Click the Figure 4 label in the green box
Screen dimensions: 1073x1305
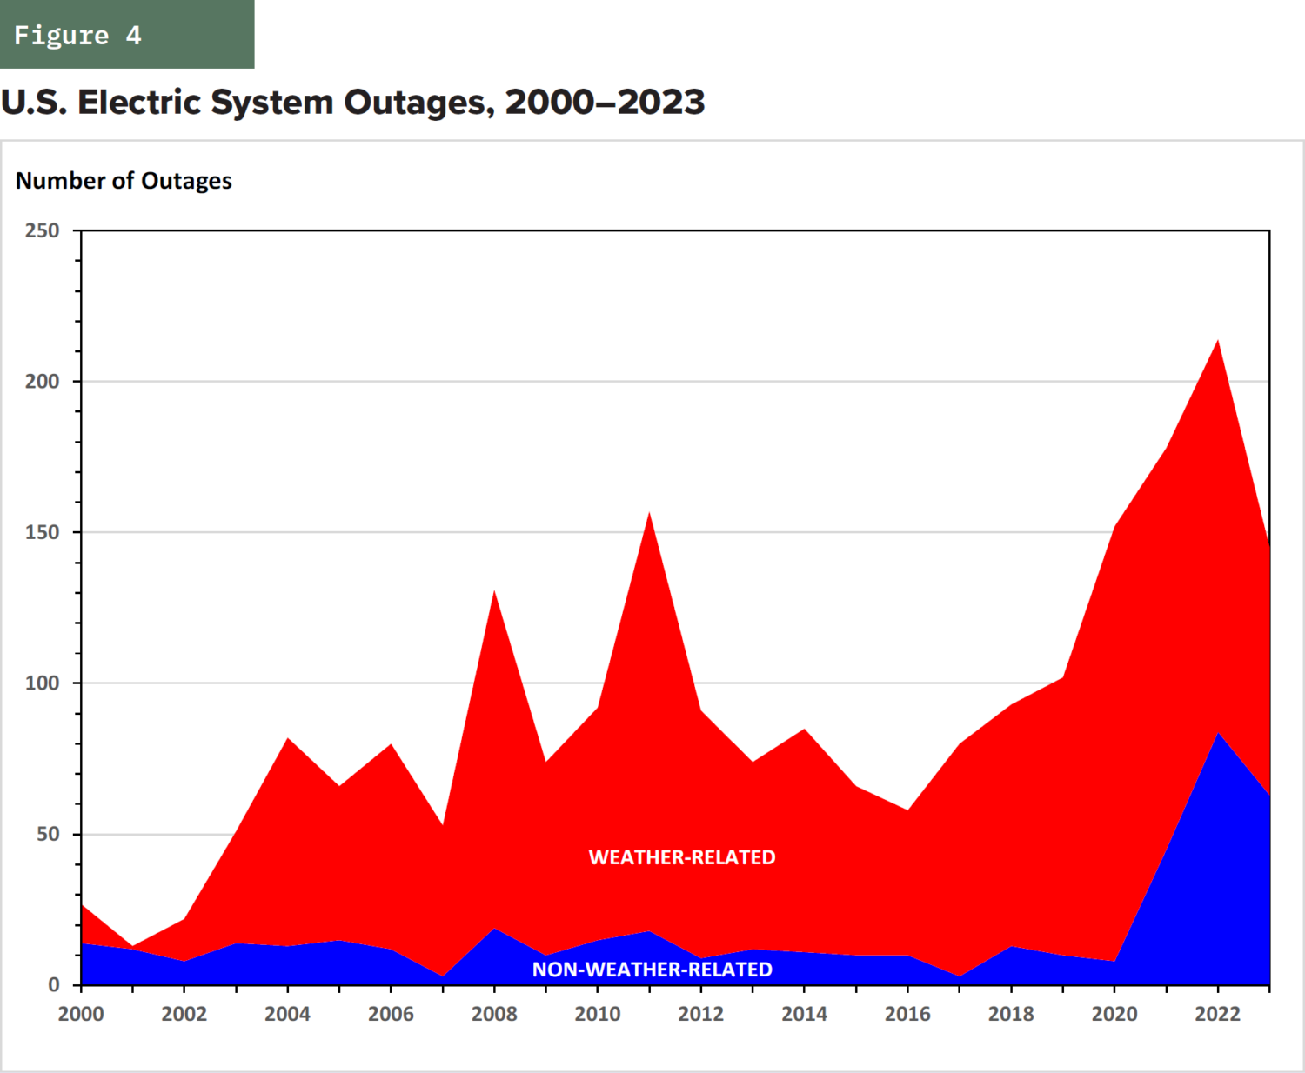click(77, 35)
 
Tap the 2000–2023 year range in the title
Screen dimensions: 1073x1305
click(605, 103)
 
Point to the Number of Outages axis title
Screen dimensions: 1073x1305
click(124, 181)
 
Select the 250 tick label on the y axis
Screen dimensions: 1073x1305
click(42, 230)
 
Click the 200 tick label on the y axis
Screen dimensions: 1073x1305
click(42, 382)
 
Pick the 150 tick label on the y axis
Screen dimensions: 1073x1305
click(42, 532)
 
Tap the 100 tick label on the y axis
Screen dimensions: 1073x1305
click(42, 683)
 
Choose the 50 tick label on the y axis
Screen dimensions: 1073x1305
click(48, 834)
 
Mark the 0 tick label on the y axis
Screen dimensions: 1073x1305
click(54, 984)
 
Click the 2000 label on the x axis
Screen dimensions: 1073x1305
click(81, 1014)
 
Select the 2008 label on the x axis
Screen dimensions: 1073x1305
click(494, 1014)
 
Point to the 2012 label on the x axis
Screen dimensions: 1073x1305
click(700, 1014)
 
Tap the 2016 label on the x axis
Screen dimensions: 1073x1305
click(907, 1014)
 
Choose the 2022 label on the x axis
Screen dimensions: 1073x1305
click(1217, 1014)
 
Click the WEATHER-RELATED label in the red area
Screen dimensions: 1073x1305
click(682, 857)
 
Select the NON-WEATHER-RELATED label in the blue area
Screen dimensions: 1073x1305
click(652, 970)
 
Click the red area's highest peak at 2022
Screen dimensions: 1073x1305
click(1217, 341)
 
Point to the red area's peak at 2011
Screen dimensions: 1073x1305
click(649, 513)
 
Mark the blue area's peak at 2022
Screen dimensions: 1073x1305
click(1218, 734)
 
